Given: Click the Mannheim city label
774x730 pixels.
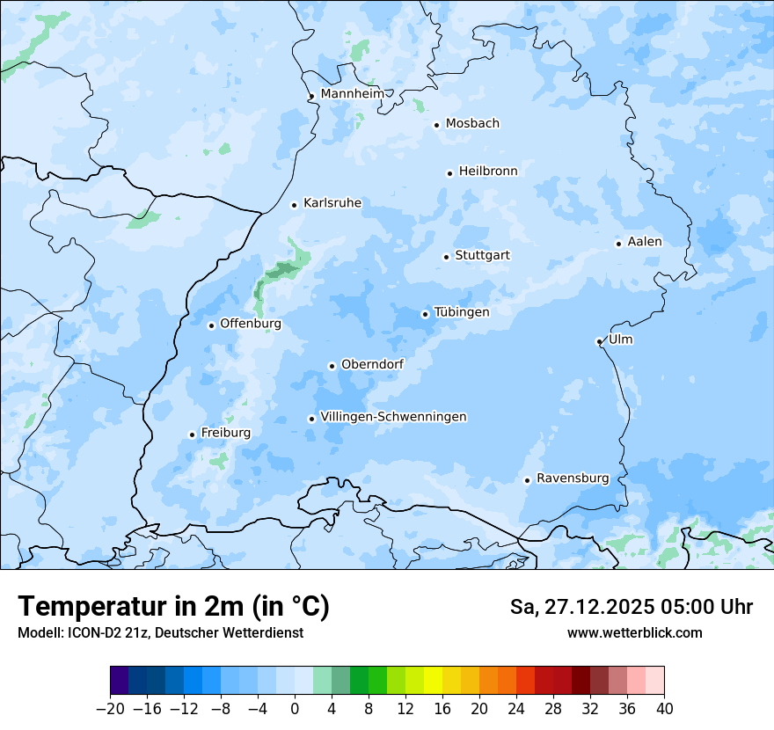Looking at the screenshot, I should [x=353, y=94].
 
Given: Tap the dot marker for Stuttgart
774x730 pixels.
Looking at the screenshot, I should [x=447, y=257].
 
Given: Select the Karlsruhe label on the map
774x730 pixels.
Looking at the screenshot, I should [x=332, y=203].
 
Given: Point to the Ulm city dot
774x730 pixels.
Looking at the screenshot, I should [x=599, y=341].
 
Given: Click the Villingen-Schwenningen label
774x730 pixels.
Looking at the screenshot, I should [x=394, y=417].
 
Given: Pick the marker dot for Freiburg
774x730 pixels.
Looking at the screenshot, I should [x=192, y=434].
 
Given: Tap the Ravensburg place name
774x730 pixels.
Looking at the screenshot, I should [x=573, y=478].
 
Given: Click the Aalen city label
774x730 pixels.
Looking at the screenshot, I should [x=645, y=242].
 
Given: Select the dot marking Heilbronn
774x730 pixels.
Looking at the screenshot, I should [x=449, y=173].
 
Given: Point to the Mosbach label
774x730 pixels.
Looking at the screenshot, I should [x=472, y=124].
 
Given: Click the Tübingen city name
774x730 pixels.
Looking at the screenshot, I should [x=462, y=312].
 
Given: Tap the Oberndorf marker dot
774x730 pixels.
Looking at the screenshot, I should [x=332, y=366].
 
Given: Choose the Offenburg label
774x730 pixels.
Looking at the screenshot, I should [x=251, y=324].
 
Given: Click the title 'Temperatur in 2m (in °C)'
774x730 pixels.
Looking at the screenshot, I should [x=173, y=607].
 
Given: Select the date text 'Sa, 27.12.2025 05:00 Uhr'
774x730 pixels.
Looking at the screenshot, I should [x=632, y=607].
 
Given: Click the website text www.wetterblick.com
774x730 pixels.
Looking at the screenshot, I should [x=635, y=633].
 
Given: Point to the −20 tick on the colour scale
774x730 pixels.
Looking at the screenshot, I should [x=111, y=709].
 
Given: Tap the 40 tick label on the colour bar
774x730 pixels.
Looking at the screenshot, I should [x=664, y=709].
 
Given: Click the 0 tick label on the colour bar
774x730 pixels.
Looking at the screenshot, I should [x=295, y=709].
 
